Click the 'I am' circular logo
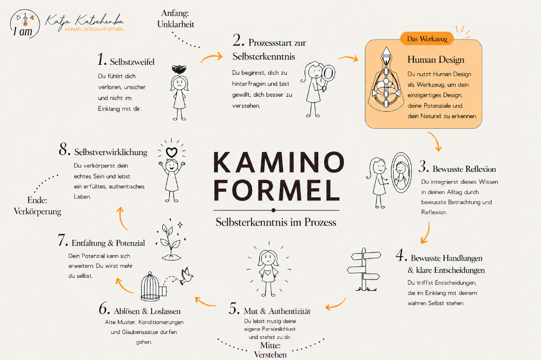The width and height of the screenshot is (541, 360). pos(25,24)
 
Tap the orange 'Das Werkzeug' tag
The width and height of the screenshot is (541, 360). pos(427,38)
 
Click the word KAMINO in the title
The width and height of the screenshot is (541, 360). pos(279,162)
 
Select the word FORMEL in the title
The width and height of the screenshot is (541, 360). pos(276,190)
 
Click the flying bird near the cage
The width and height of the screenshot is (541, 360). pos(187,276)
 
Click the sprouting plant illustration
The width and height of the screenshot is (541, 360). pos(171,239)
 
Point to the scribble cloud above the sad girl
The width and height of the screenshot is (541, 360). pos(179,70)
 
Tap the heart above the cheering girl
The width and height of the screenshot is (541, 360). pos(171,152)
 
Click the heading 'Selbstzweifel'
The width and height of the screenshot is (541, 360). pos(132,62)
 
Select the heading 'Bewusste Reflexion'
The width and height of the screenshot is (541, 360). pos(464,169)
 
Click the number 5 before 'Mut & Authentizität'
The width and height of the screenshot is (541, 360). pos(234,308)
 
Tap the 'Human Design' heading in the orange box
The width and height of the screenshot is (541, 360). pos(436,59)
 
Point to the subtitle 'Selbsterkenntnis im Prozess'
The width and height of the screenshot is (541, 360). pos(276,222)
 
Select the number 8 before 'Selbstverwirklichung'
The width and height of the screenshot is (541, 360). pos(64,150)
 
